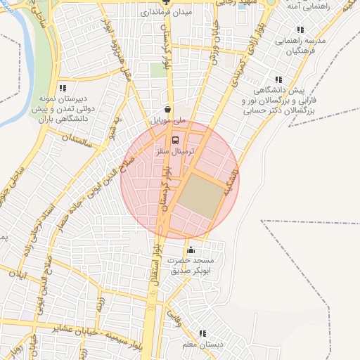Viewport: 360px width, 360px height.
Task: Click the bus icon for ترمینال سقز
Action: click(x=176, y=139)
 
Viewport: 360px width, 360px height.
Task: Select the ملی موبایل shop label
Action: click(x=169, y=121)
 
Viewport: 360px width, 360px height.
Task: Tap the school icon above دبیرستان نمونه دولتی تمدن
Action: click(x=63, y=89)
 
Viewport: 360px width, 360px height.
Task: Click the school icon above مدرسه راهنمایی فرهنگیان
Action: click(x=300, y=30)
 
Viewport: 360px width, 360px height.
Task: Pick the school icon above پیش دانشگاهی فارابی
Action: click(x=278, y=80)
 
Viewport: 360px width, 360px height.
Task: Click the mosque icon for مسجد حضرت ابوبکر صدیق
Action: click(x=191, y=250)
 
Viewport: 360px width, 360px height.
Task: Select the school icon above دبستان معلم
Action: click(x=203, y=333)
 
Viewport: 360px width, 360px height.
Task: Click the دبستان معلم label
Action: click(x=203, y=345)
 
